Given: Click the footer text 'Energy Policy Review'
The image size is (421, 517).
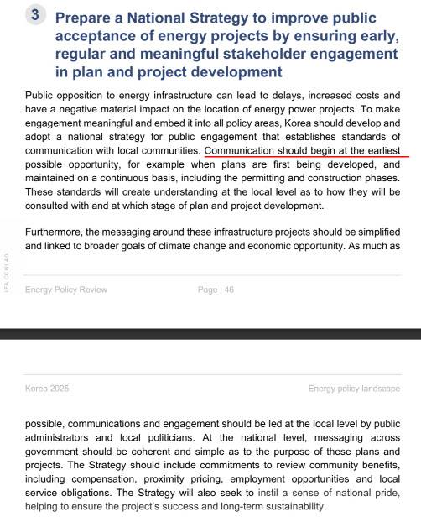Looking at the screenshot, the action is pos(66,290).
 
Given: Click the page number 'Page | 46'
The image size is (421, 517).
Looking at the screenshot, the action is pos(216,290).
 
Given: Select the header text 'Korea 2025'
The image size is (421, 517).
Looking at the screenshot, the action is pos(47,389).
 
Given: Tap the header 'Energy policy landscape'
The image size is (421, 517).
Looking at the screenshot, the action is pos(354,389).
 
